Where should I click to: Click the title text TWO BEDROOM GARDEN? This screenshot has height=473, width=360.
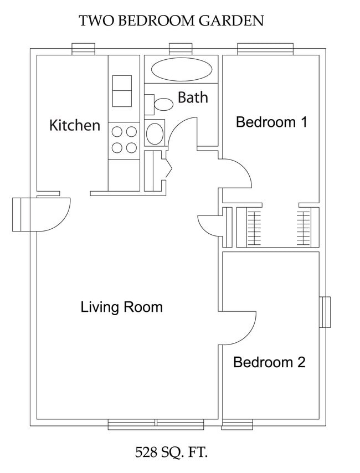[x=171, y=21]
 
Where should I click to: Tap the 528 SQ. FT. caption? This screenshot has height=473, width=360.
[x=171, y=453]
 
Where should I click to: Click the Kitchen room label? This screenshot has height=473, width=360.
[x=75, y=125]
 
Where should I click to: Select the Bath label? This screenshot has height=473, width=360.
[x=193, y=98]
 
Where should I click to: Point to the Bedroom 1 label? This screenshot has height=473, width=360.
[x=271, y=122]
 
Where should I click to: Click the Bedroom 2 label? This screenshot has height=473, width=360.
[x=269, y=362]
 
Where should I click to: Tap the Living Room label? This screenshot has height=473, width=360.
[x=122, y=306]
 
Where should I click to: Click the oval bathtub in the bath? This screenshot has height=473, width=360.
[x=182, y=70]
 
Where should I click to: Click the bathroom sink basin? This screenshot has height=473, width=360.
[x=155, y=133]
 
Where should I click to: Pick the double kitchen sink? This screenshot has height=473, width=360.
[x=122, y=91]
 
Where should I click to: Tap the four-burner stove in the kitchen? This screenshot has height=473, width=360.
[x=124, y=140]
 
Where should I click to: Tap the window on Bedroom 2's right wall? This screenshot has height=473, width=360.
[x=325, y=312]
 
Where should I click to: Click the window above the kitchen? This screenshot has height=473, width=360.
[x=83, y=49]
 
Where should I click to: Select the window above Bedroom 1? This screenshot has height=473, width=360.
[x=265, y=49]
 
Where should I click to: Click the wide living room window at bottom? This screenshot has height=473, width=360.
[x=156, y=424]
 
